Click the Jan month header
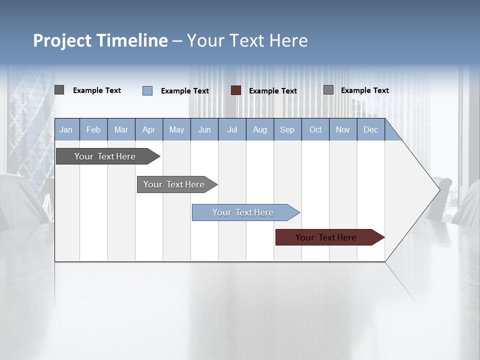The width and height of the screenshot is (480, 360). (x=66, y=130)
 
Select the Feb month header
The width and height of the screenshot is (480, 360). (x=93, y=130)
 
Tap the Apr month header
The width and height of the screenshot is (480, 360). (x=149, y=130)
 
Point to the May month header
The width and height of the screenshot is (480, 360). (x=176, y=130)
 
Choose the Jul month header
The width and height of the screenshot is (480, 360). (x=232, y=130)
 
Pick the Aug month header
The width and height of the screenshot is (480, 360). (x=260, y=130)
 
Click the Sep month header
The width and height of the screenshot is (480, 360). (x=287, y=130)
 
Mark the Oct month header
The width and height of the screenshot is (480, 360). (x=315, y=130)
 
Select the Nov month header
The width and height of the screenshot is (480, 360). (x=343, y=130)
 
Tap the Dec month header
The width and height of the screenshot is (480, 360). (x=371, y=130)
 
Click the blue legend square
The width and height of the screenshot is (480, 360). (x=147, y=90)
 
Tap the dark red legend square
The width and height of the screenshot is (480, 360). (x=236, y=90)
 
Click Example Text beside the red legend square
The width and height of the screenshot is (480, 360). (x=273, y=91)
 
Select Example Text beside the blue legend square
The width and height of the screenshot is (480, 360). (x=185, y=91)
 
